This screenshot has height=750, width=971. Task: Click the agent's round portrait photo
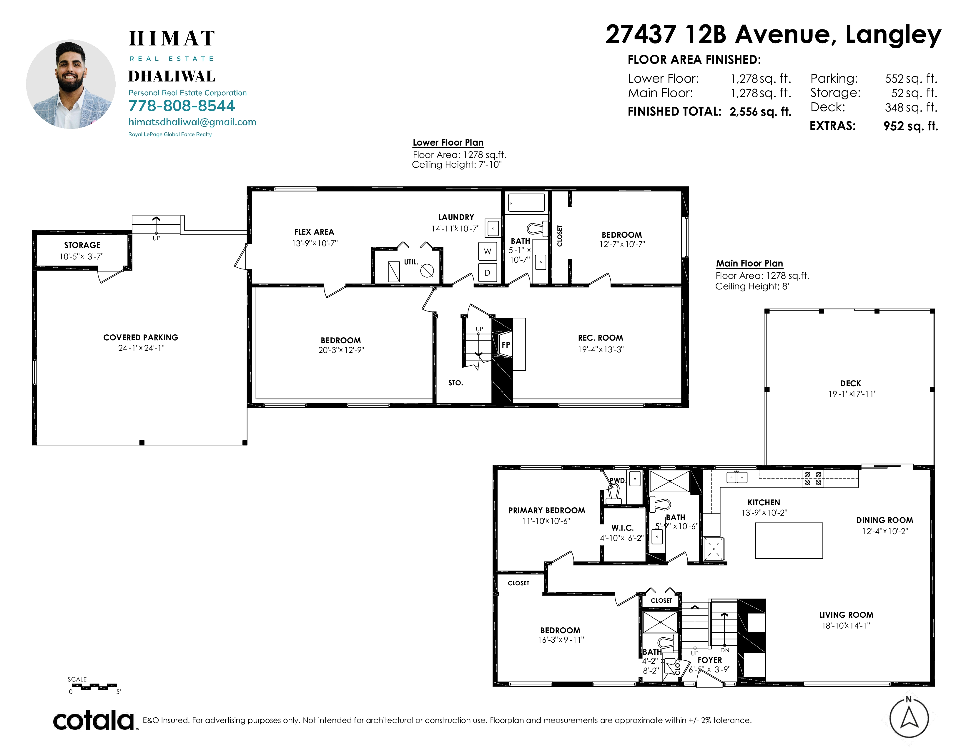tap(71, 84)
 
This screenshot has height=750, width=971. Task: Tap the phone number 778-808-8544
tap(181, 106)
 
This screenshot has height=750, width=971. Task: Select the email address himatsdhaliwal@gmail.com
tap(192, 122)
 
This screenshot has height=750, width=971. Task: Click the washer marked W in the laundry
tap(487, 251)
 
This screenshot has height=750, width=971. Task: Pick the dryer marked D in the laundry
tap(487, 272)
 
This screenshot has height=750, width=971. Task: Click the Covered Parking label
tap(140, 338)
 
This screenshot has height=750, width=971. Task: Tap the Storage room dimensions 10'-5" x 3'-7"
tap(82, 256)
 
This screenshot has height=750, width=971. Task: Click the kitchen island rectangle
tap(789, 540)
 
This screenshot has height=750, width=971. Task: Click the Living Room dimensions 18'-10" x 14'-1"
tap(846, 626)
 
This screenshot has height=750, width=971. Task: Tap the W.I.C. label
tap(622, 528)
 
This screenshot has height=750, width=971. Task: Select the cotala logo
tap(94, 720)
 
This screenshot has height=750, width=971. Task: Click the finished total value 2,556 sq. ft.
tap(760, 111)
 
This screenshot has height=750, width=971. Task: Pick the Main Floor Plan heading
tap(749, 264)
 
